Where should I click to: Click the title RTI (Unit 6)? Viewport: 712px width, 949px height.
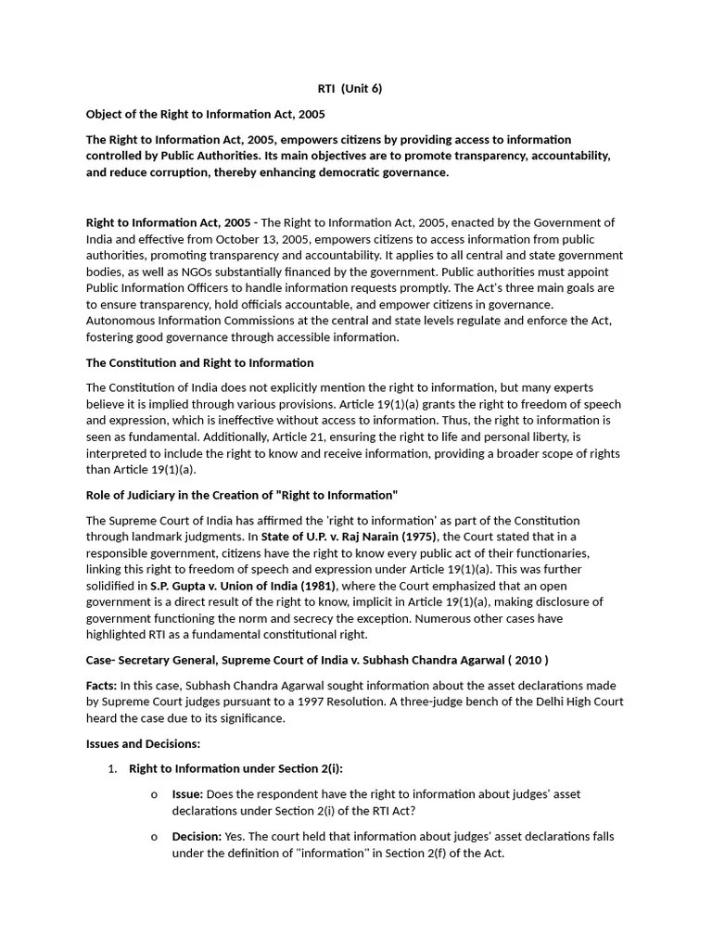click(x=350, y=89)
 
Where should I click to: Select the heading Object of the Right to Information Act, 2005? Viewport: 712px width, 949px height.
click(x=206, y=114)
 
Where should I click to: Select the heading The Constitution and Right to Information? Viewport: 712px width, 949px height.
click(x=199, y=362)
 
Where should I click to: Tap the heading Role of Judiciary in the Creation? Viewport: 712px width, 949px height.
click(x=241, y=496)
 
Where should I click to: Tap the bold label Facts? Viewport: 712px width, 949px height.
click(x=102, y=685)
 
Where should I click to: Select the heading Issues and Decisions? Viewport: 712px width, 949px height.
click(x=143, y=743)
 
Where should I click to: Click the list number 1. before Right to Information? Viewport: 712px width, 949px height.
click(x=112, y=768)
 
